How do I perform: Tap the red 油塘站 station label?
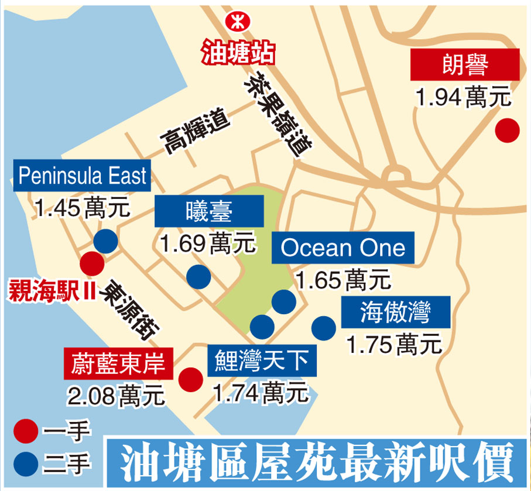(238, 53)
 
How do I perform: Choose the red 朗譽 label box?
(465, 64)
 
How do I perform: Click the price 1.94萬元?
(463, 97)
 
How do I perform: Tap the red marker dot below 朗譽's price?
(507, 130)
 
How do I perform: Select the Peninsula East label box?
(82, 176)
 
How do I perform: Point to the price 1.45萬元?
(82, 208)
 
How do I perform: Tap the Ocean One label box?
(343, 248)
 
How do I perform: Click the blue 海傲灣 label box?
(396, 313)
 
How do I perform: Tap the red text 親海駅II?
(52, 291)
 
